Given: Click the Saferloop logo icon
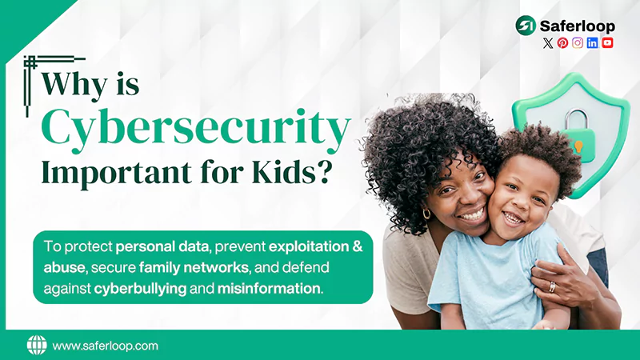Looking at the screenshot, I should point(526,26).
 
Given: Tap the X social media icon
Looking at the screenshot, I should point(548,43).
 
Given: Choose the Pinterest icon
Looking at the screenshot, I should point(562,43).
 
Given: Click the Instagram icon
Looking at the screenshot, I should point(578,43).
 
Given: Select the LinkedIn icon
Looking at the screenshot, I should point(592,43).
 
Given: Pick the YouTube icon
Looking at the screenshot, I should point(607,43).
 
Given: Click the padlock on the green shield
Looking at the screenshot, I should point(574,129).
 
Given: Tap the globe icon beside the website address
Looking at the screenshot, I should point(37,346).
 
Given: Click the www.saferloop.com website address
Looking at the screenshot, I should point(105,346).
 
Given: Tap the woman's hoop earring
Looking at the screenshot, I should point(427,214).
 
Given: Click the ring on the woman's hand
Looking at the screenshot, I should point(551,286).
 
